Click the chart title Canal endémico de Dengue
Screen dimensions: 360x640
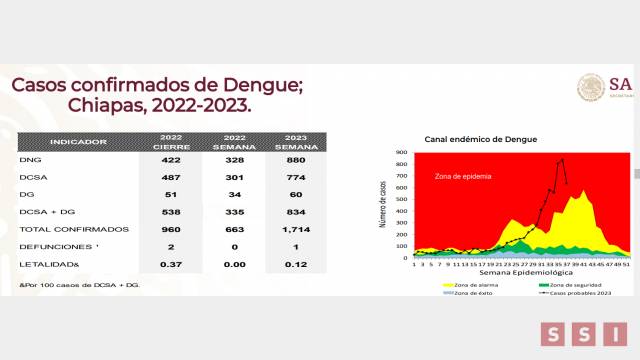[x=481, y=138]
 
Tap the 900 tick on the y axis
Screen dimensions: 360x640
[x=401, y=152]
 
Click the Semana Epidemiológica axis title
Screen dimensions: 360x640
[x=524, y=271]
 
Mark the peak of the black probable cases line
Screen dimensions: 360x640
[x=562, y=158]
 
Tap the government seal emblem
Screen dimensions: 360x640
[x=591, y=86]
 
